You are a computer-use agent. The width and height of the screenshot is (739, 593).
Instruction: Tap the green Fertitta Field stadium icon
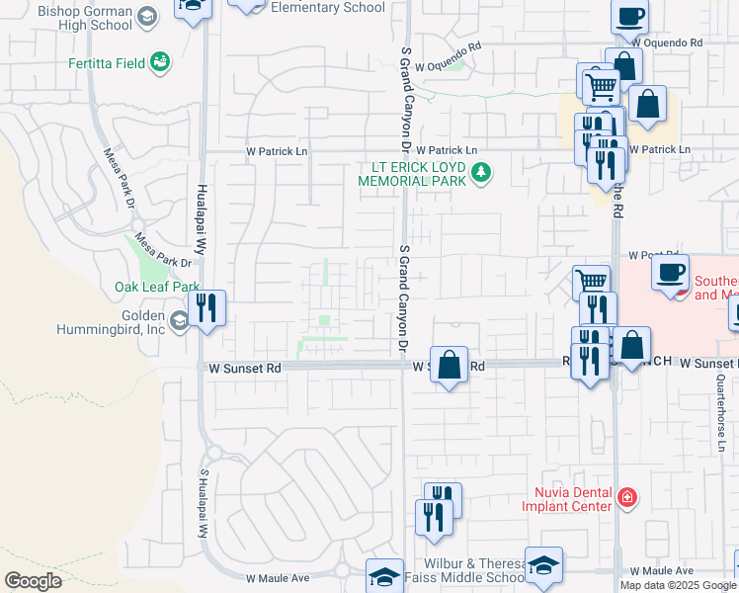pos(159,62)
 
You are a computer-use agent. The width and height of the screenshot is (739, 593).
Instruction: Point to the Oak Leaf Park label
pos(157,287)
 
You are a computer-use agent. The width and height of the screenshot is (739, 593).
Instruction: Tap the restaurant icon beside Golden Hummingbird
pos(205,306)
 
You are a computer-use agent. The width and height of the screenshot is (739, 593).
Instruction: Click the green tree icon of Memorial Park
pos(481,174)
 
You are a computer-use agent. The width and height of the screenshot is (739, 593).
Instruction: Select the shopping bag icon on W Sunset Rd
pos(450,365)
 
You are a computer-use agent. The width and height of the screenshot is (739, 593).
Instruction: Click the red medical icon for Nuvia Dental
pos(624,496)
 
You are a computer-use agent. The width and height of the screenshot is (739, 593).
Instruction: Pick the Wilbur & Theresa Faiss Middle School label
pos(464,569)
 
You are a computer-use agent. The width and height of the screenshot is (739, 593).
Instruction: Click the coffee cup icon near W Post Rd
pos(671,271)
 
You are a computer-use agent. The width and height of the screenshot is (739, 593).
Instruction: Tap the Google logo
pos(33,580)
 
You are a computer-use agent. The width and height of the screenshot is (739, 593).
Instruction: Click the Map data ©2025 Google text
pos(678,585)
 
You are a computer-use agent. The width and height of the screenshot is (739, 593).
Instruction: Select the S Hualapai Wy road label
pos(205,502)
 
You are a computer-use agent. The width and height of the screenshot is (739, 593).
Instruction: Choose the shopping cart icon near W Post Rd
pos(591,282)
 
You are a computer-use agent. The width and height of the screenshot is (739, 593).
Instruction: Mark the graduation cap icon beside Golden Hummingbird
pos(179,321)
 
